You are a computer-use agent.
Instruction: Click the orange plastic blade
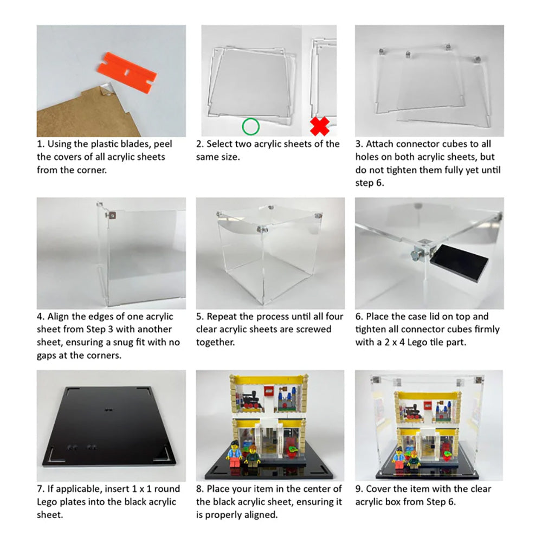[x=126, y=67]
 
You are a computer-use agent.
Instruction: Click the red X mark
[x=320, y=126]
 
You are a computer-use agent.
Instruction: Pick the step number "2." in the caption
[x=199, y=144]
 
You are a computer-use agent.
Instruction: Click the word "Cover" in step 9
[x=383, y=489]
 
